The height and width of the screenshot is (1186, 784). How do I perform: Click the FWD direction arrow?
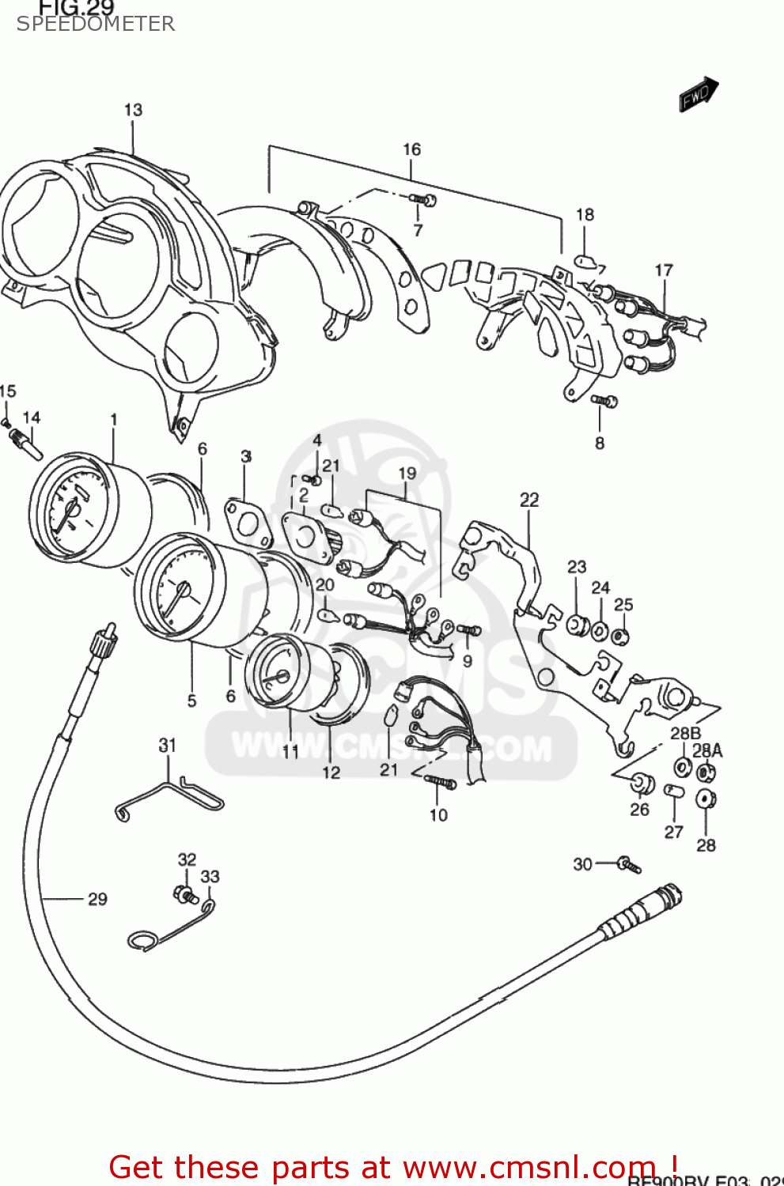(x=699, y=95)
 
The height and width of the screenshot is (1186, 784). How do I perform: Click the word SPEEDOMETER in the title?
(x=95, y=24)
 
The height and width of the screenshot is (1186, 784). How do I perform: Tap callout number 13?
(x=133, y=110)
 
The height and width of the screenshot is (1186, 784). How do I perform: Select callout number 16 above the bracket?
(x=411, y=149)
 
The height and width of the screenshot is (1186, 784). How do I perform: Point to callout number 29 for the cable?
(x=97, y=899)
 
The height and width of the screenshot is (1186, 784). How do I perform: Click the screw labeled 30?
(x=629, y=864)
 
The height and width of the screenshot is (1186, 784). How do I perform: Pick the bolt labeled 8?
(x=604, y=402)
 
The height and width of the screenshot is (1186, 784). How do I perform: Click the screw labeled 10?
(x=441, y=782)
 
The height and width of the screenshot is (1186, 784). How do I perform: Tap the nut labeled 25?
(x=622, y=635)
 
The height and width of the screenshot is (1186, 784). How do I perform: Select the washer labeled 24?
(x=600, y=631)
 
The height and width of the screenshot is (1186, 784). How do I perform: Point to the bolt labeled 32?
(x=185, y=894)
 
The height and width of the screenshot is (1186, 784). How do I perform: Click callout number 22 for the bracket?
(x=529, y=500)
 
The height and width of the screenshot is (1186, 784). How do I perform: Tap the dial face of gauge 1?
(x=66, y=510)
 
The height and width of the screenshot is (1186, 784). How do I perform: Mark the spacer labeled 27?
(x=673, y=791)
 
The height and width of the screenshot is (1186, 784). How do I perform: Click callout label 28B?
(x=685, y=733)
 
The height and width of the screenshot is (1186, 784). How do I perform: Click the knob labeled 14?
(x=25, y=443)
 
